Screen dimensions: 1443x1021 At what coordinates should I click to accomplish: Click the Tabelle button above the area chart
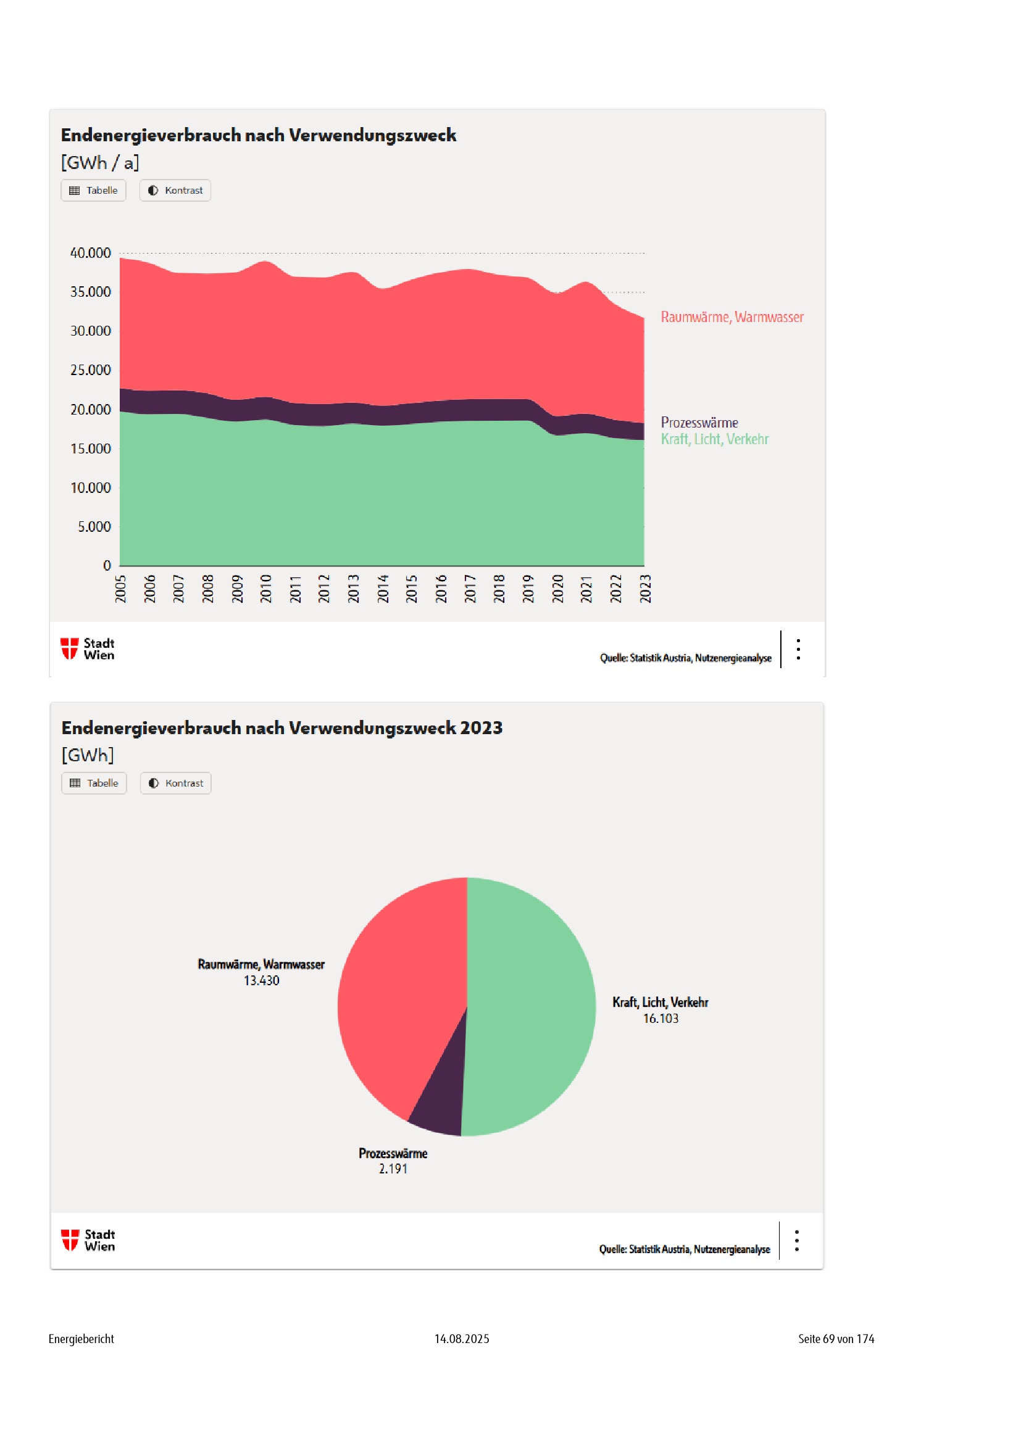[x=93, y=191]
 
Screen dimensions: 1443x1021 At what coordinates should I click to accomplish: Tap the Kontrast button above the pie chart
[x=175, y=783]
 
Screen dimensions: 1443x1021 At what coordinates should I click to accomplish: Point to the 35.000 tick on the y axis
[x=91, y=292]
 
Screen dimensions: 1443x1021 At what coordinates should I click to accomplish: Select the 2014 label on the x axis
[x=383, y=589]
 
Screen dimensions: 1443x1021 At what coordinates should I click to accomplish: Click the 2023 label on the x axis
[x=645, y=589]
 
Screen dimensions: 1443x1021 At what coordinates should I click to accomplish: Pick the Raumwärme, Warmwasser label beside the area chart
[x=732, y=316]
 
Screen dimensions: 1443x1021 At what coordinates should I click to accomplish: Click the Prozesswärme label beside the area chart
[x=699, y=423]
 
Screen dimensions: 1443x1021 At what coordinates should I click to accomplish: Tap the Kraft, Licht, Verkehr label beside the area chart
[x=714, y=439]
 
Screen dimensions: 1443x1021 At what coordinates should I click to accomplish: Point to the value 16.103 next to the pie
[x=660, y=1018]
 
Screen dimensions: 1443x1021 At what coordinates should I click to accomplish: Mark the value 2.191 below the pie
[x=393, y=1168]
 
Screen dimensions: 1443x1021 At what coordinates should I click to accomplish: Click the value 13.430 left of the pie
[x=262, y=980]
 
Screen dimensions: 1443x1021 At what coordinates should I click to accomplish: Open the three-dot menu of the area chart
[x=798, y=649]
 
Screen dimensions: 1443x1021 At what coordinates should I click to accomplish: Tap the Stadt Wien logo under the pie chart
[x=88, y=1240]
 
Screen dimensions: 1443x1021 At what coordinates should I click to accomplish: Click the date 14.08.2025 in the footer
[x=462, y=1339]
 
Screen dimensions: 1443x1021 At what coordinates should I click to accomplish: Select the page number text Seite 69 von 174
[x=836, y=1339]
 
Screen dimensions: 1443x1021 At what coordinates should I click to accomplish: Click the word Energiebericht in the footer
[x=81, y=1339]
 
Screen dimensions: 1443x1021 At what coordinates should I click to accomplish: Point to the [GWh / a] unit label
[x=100, y=163]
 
